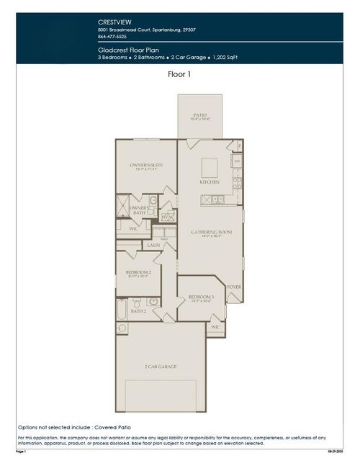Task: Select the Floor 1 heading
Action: click(179, 73)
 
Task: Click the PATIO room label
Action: click(201, 115)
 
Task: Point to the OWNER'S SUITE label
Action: click(146, 166)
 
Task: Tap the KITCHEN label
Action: click(210, 182)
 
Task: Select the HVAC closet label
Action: click(167, 216)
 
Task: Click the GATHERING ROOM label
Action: click(210, 232)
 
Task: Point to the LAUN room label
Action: click(153, 246)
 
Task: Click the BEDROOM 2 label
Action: click(137, 272)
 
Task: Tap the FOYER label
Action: click(233, 287)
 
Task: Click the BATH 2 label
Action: click(139, 311)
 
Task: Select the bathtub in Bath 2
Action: click(122, 310)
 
